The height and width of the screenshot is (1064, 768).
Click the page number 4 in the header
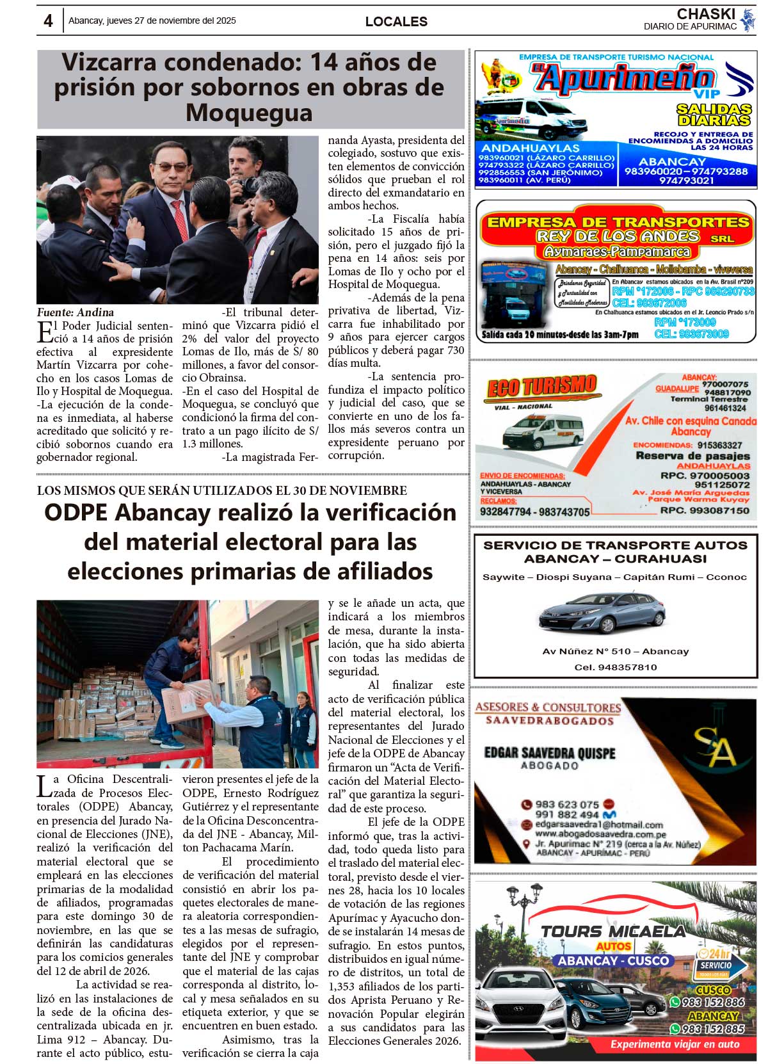pos(48,21)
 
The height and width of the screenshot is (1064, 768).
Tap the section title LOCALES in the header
pos(396,22)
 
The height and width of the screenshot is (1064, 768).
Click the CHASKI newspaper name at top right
pos(706,14)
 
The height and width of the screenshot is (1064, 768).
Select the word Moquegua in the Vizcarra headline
pos(249,113)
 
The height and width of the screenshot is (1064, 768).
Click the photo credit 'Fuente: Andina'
pos(76,312)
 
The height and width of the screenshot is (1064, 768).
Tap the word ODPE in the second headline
pos(76,513)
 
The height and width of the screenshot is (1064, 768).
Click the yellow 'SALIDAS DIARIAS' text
pos(714,115)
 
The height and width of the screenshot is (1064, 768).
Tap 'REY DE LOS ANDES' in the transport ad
pos(618,236)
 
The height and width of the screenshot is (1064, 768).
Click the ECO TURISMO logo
pos(541,387)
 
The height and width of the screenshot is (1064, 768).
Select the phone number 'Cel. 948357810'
pos(615,667)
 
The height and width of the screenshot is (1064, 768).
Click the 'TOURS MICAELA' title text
pos(613,931)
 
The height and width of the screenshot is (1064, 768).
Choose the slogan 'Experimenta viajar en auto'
pos(675,1044)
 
